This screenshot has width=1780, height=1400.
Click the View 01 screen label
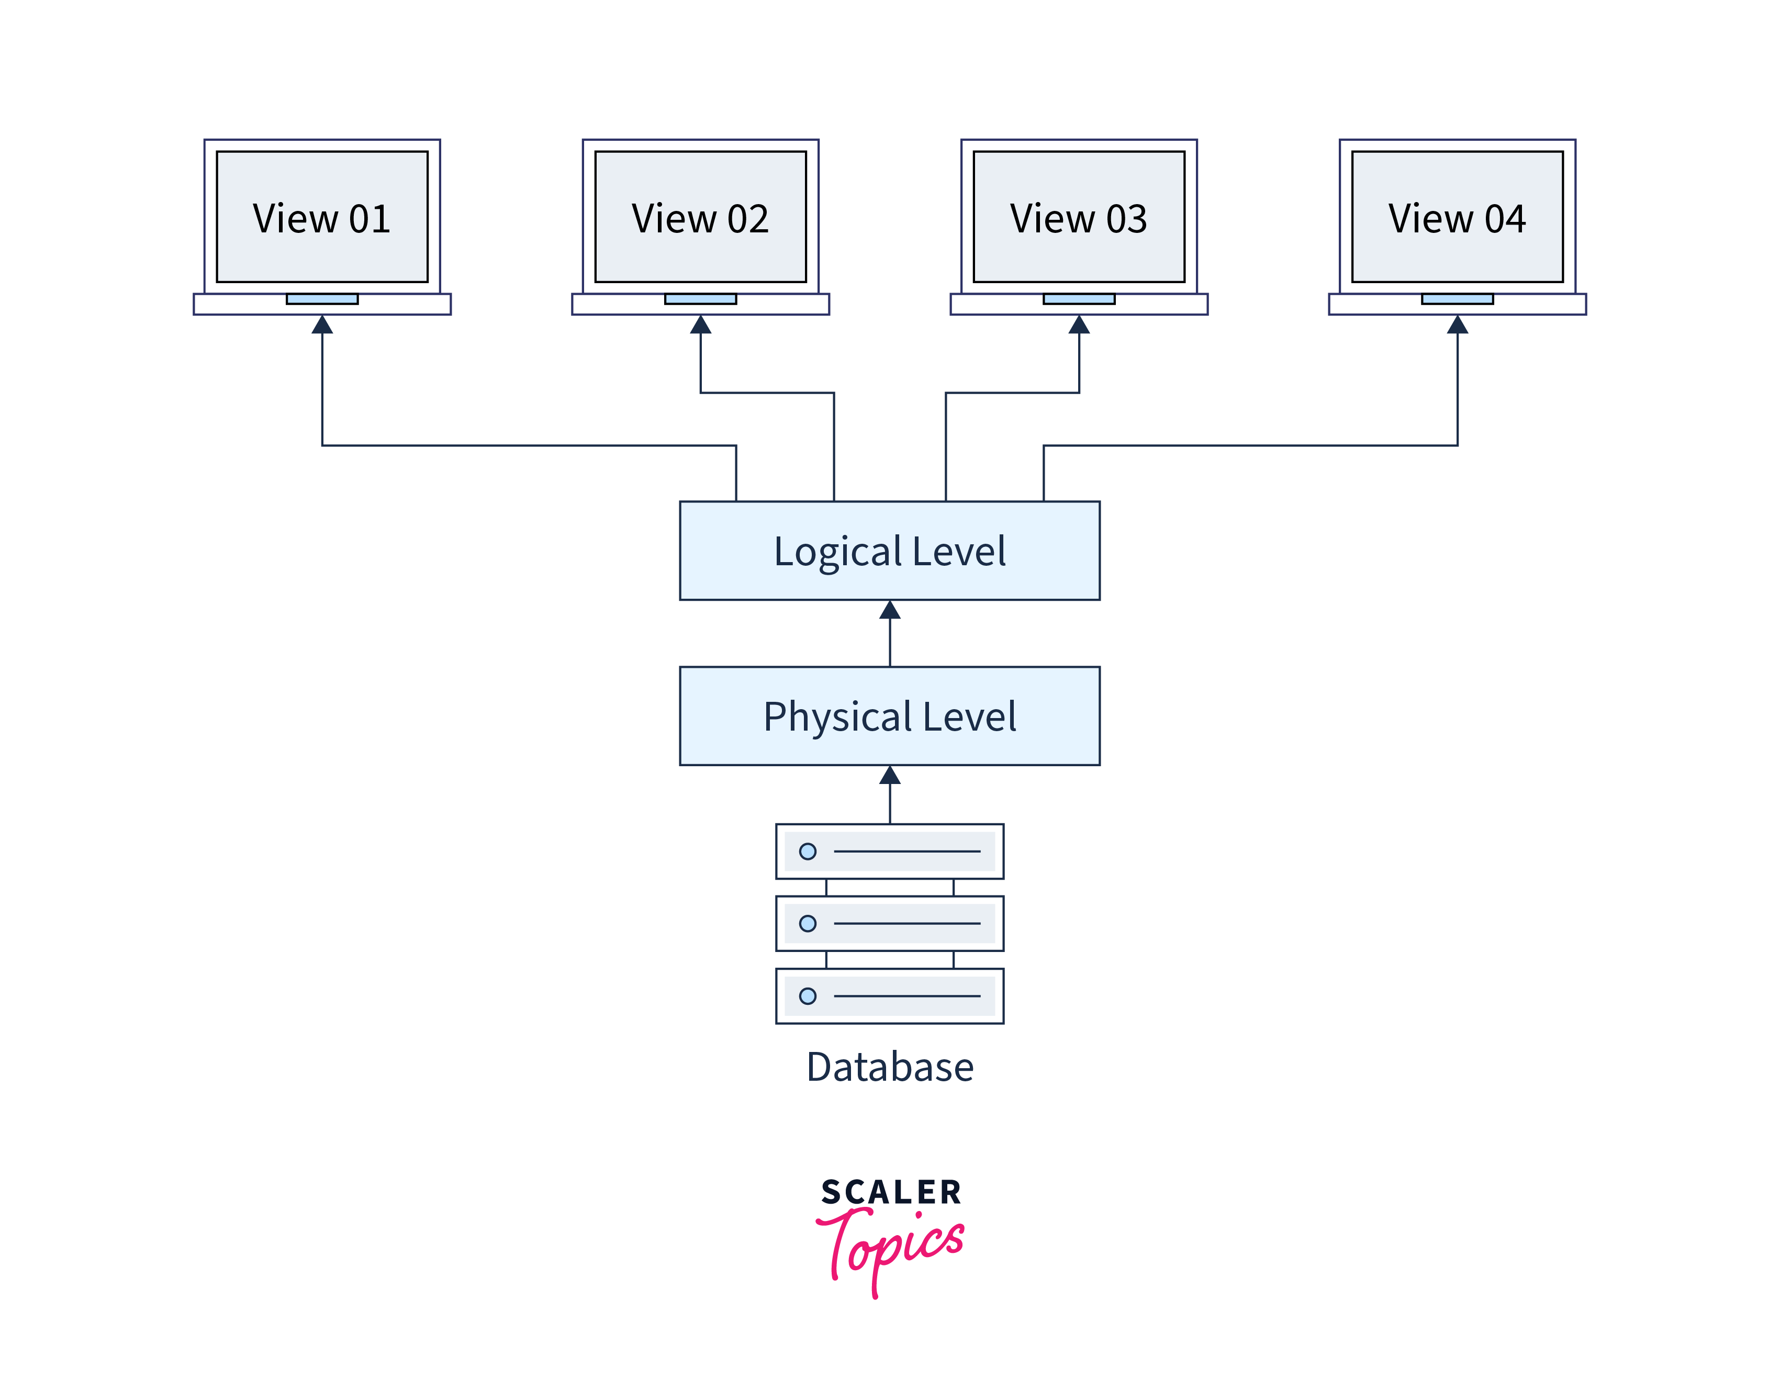pos(321,219)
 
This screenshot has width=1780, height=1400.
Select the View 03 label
pos(1079,219)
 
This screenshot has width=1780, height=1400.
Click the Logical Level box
pos(889,551)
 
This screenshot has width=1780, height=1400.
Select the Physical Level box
pos(889,716)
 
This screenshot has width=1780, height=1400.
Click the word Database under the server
pos(890,1067)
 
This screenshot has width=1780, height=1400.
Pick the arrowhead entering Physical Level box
pos(890,776)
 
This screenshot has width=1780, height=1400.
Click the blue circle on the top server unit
pos(808,852)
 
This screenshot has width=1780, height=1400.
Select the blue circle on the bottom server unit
pos(808,996)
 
